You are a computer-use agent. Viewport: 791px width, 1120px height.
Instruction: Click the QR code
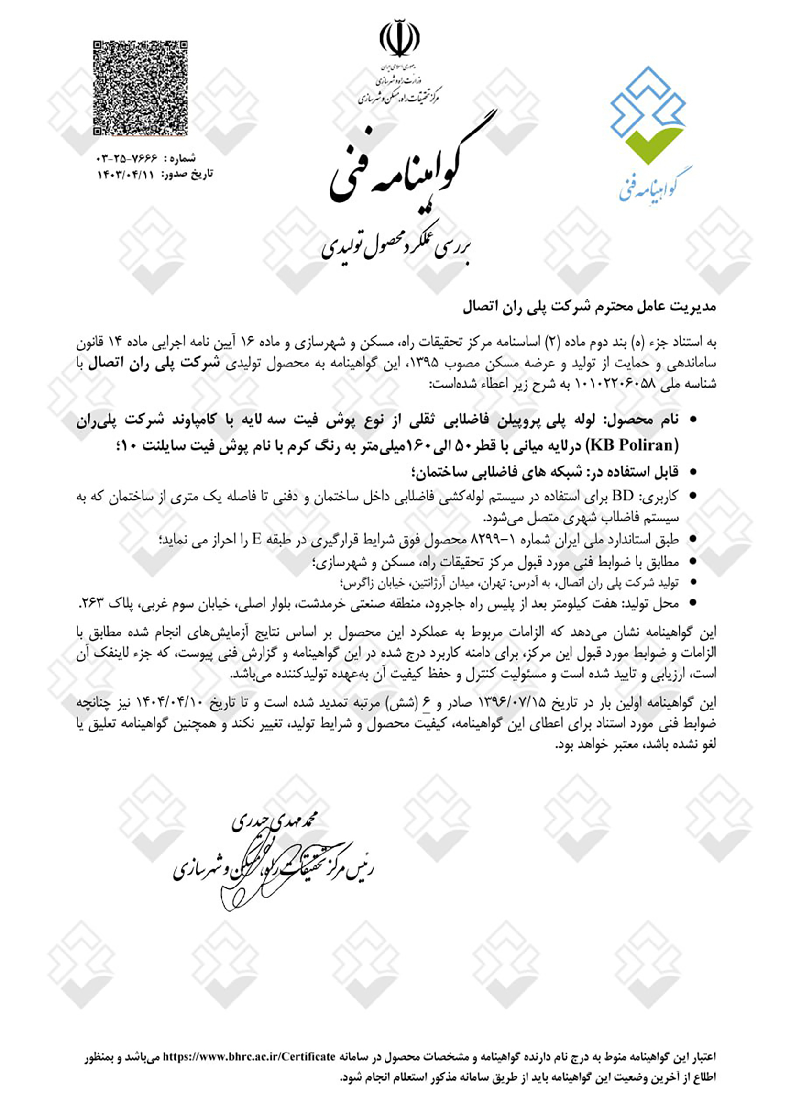pyautogui.click(x=141, y=89)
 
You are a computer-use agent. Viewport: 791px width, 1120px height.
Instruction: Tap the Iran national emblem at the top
pyautogui.click(x=399, y=39)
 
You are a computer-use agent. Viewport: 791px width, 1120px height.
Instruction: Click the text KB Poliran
pyautogui.click(x=634, y=445)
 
